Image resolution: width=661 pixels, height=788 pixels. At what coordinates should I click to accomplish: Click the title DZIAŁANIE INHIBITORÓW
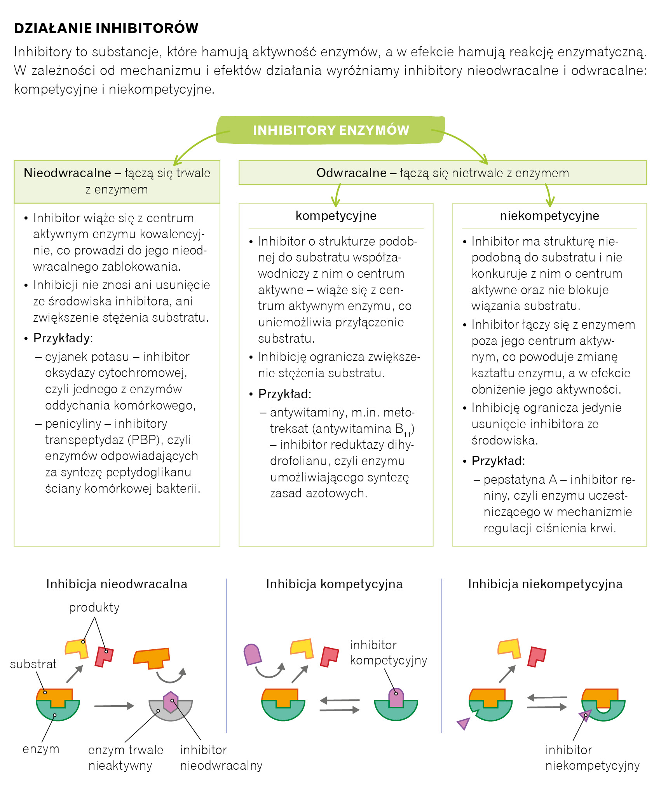point(106,28)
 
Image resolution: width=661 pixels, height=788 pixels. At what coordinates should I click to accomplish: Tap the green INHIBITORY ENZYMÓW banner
point(331,130)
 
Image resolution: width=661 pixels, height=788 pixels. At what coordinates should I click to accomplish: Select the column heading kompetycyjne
point(336,216)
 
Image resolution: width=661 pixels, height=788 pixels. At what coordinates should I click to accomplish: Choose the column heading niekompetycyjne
point(549,216)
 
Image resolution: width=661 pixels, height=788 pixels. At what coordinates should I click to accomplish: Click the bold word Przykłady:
point(63,338)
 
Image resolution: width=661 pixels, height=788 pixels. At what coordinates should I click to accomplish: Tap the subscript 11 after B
point(407,434)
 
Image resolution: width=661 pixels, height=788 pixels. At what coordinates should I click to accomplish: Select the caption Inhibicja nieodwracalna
point(117,584)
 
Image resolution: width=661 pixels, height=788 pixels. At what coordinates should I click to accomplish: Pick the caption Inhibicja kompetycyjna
point(334,584)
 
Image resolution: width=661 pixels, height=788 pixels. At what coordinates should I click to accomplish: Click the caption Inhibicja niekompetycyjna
point(545,584)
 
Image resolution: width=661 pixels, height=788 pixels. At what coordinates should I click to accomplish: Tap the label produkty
point(94,607)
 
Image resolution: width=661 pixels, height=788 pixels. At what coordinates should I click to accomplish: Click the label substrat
point(33,664)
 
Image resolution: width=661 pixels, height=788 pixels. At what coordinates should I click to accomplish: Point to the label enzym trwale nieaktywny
point(125,758)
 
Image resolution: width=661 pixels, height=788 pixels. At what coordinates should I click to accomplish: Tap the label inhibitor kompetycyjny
point(388,652)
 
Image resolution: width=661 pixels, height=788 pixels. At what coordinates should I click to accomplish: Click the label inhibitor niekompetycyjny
point(592,758)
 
